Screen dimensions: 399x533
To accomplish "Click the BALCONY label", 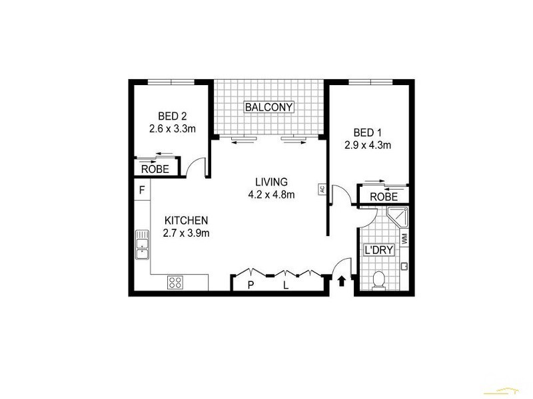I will pos(268,107).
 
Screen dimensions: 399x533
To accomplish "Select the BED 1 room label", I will pos(368,131).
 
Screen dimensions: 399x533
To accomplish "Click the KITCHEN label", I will pos(187,220).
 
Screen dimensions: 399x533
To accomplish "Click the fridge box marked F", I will pos(141,190).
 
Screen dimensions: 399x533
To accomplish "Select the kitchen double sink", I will pos(141,245).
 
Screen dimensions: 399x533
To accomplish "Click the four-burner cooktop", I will pos(175,282).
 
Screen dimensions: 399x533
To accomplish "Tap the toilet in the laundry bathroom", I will pos(378,281).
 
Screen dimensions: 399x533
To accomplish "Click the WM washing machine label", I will pos(404,237).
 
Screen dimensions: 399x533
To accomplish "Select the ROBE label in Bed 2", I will pos(155,169).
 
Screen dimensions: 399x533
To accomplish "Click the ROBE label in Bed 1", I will pos(383,197).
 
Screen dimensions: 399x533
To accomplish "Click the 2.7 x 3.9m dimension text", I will pos(187,233).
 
